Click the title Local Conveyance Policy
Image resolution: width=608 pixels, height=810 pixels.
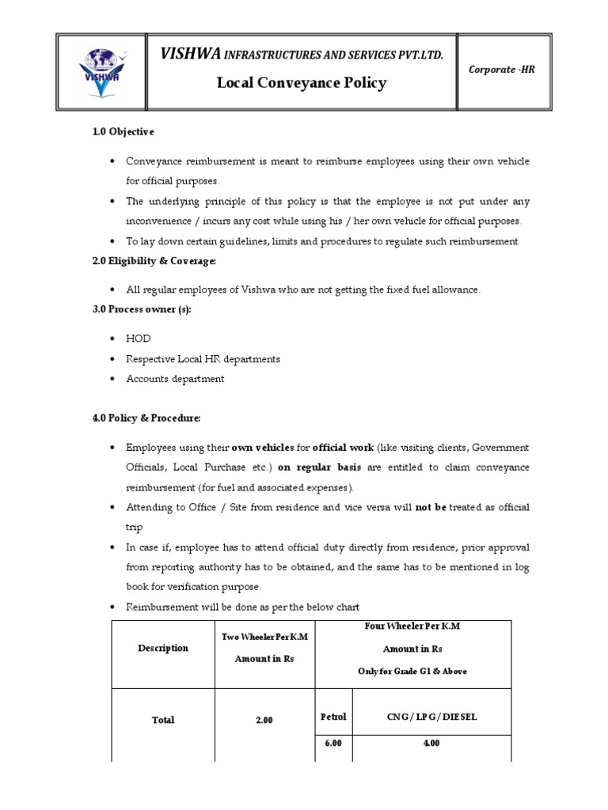(x=302, y=83)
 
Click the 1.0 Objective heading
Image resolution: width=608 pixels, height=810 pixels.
(x=123, y=131)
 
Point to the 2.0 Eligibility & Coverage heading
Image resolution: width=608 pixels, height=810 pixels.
(x=154, y=260)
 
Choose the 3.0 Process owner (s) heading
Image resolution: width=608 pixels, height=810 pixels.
(x=141, y=309)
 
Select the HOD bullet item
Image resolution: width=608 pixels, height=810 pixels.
(x=138, y=339)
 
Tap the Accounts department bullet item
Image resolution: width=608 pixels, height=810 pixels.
(x=175, y=379)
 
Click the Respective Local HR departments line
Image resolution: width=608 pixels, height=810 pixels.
(x=203, y=358)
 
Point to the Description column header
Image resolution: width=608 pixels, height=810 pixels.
(x=163, y=648)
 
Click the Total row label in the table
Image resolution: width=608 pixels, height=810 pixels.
(x=163, y=720)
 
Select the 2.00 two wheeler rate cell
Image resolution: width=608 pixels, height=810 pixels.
(x=264, y=720)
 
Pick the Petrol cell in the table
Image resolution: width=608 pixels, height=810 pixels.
(x=333, y=717)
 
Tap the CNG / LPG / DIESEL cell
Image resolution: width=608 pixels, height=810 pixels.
(x=431, y=717)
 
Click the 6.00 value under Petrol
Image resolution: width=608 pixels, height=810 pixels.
(x=333, y=744)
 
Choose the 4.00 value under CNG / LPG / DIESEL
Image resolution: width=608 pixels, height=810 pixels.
(x=431, y=744)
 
